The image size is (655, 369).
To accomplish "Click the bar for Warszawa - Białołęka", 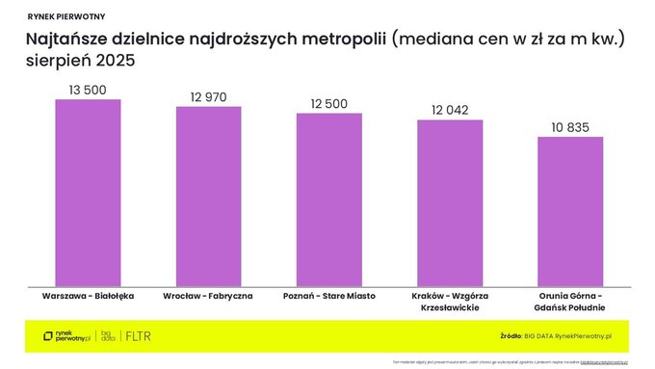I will [88, 192].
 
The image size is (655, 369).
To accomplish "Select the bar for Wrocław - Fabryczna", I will [208, 196].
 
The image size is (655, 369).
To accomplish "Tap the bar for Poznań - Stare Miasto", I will [328, 199].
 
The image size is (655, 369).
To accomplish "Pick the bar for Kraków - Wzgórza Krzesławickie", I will [449, 202].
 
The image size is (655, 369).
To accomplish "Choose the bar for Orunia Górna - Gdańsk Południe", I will [569, 211].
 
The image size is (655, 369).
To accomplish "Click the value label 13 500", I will [88, 90].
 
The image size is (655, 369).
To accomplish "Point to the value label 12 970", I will [208, 96].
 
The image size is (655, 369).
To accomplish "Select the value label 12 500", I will [328, 103].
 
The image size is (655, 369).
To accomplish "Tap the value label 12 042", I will [449, 110].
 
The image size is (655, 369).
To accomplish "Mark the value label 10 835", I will [569, 126].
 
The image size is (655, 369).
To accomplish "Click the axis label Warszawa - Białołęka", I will [88, 295].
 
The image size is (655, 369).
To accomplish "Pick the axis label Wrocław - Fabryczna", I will [208, 295].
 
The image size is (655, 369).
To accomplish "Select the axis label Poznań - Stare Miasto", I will [328, 295].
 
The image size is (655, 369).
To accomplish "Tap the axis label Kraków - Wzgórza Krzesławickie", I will [449, 301].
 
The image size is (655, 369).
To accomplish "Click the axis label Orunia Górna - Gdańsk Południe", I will [569, 301].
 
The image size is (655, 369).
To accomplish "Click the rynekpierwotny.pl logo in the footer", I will [66, 336].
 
